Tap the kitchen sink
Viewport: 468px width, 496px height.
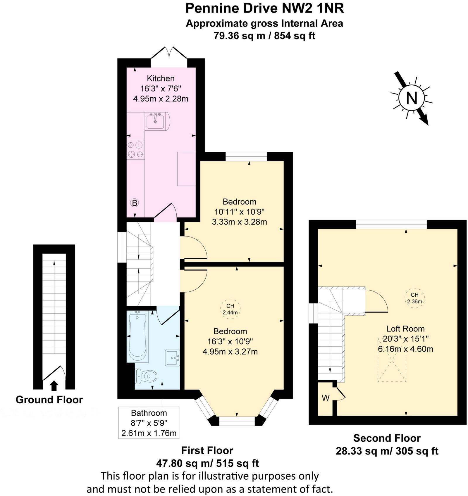coord(155,121)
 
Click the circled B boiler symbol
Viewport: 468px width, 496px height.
coord(134,203)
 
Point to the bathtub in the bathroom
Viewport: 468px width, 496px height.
coord(137,336)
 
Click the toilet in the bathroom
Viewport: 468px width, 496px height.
coord(146,376)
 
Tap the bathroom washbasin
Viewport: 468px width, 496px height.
coord(173,358)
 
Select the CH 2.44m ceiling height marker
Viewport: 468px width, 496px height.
coord(230,309)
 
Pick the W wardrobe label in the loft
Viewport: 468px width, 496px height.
coord(326,398)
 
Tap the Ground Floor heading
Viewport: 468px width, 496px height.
coord(49,400)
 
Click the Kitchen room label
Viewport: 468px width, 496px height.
coord(161,78)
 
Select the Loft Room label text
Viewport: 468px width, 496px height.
coord(405,329)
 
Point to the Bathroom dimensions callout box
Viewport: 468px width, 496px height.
coord(149,423)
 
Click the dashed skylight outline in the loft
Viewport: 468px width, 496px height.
coord(392,367)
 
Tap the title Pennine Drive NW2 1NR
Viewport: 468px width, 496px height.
coord(265,8)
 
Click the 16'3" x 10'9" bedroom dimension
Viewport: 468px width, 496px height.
coord(230,341)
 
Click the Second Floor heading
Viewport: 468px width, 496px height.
coord(387,438)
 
